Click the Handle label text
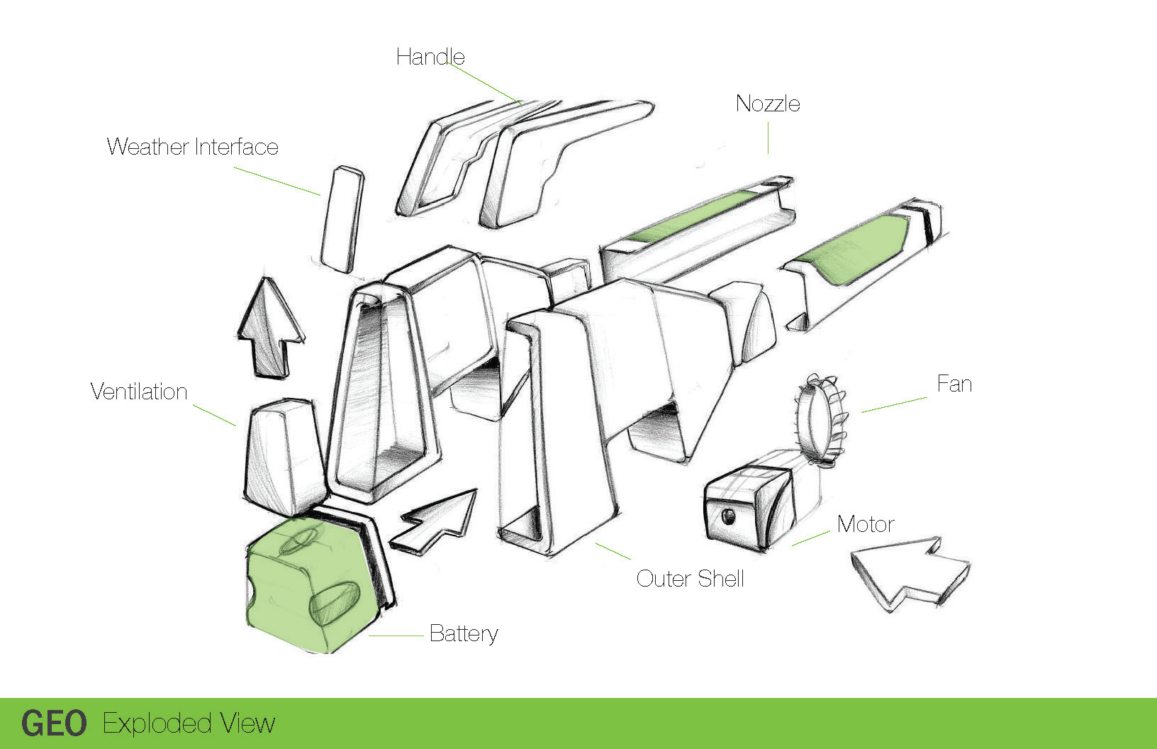[430, 57]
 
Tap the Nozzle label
[768, 104]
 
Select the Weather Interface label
[192, 147]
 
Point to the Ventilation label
[139, 392]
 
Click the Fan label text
[954, 384]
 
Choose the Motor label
[866, 524]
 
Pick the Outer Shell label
[690, 579]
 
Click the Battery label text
[464, 633]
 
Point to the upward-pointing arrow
[270, 326]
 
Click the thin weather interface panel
[342, 219]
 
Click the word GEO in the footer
[54, 723]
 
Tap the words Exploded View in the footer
[189, 723]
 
